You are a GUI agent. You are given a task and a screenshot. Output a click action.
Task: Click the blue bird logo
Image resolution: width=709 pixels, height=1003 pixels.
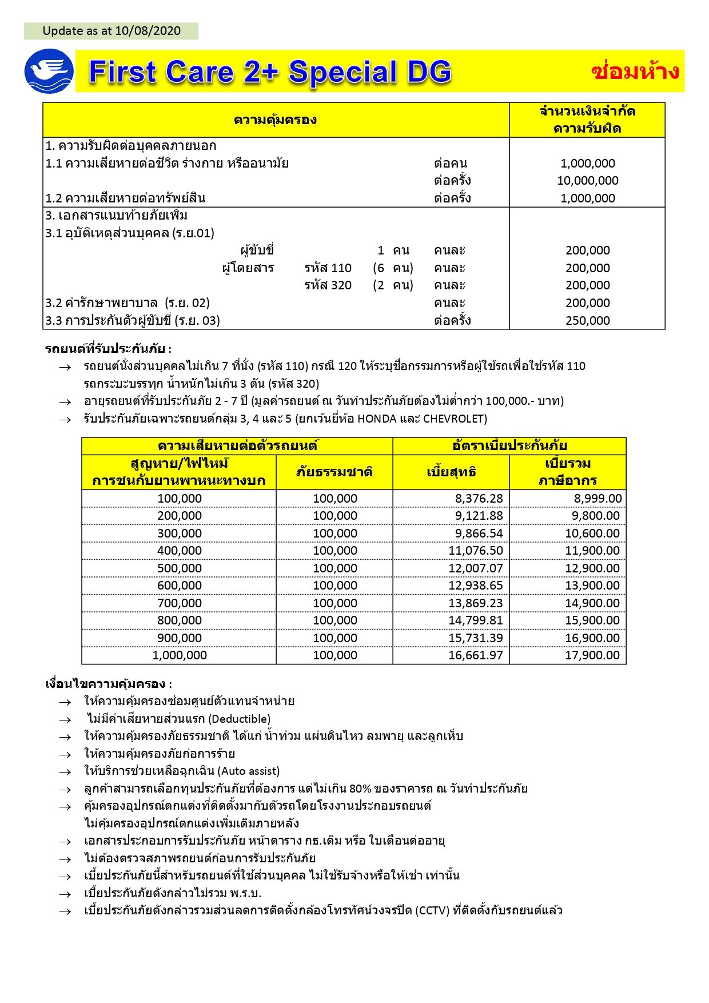[49, 71]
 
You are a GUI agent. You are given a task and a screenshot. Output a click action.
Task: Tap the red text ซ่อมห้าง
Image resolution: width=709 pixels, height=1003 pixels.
[635, 71]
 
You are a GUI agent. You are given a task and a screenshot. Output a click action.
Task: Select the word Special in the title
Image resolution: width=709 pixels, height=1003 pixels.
[342, 73]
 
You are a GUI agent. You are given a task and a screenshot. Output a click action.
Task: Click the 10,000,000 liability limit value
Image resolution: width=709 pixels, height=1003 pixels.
[588, 181]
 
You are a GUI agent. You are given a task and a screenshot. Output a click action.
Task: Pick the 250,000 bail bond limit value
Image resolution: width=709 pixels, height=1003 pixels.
[588, 321]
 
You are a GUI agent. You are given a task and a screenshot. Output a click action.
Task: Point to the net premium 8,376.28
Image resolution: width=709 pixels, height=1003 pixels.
[479, 499]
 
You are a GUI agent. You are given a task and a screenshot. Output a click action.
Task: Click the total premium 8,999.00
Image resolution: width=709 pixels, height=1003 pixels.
[598, 499]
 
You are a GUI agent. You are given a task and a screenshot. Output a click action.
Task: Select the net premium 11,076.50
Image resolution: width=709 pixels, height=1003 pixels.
[475, 551]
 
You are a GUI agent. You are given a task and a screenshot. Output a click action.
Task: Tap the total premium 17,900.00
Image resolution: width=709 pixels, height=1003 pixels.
[592, 655]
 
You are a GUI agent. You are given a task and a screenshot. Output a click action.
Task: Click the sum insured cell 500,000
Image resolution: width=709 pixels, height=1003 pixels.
[180, 568]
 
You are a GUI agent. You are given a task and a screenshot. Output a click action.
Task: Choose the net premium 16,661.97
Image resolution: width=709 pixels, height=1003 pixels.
[475, 655]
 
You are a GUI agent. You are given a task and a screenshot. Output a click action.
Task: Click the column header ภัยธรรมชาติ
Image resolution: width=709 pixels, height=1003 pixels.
[334, 472]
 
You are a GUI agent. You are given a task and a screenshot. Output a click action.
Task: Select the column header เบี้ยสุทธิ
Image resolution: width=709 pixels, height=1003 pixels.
[451, 472]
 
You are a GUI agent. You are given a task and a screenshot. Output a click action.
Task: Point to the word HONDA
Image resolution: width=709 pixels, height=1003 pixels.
[377, 419]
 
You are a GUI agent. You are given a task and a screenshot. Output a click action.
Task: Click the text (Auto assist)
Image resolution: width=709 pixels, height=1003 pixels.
[249, 771]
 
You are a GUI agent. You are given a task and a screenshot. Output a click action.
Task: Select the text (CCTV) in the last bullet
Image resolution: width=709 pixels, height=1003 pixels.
[432, 910]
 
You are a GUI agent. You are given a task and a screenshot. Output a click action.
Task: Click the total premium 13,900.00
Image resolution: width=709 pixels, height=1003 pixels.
[592, 586]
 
